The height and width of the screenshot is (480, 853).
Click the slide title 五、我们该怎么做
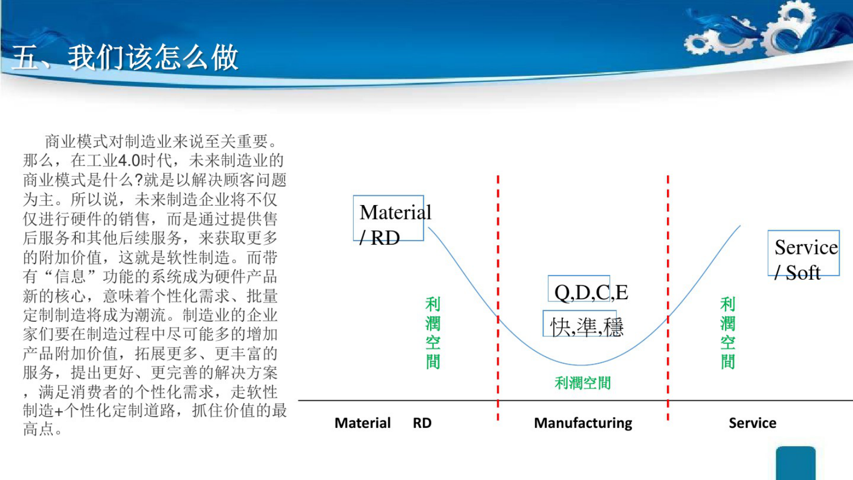(125, 58)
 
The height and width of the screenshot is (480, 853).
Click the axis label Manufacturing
(583, 423)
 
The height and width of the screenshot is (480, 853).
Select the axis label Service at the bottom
(752, 423)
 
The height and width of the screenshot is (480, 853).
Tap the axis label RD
(422, 423)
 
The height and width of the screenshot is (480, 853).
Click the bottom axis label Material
(362, 423)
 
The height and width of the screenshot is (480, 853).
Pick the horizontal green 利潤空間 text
(583, 383)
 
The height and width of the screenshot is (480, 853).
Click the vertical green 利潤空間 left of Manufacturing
(433, 333)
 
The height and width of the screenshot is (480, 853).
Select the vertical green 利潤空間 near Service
(727, 333)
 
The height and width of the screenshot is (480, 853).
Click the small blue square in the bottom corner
(795, 463)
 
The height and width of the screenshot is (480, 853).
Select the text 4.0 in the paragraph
(129, 160)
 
